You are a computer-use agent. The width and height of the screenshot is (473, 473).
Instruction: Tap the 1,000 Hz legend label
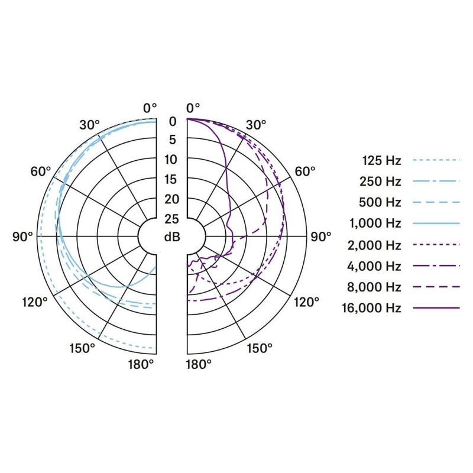click(x=375, y=223)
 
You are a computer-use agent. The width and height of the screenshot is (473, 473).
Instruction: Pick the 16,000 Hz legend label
click(x=372, y=308)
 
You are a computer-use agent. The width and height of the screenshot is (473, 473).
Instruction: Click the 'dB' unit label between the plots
click(x=171, y=237)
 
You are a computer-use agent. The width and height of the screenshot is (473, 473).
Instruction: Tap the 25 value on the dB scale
click(x=171, y=219)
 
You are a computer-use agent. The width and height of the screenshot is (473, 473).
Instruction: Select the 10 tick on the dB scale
click(x=171, y=160)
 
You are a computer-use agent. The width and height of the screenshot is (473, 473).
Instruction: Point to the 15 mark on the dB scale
click(x=171, y=180)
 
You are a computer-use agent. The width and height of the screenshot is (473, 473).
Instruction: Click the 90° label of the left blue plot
click(x=22, y=237)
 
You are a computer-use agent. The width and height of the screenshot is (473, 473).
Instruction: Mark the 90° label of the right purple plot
click(x=321, y=237)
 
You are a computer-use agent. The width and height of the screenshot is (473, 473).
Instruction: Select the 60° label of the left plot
click(x=40, y=171)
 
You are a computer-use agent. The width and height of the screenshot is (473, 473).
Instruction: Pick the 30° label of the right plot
click(x=256, y=125)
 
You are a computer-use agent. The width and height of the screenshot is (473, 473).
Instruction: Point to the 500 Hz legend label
click(x=380, y=202)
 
